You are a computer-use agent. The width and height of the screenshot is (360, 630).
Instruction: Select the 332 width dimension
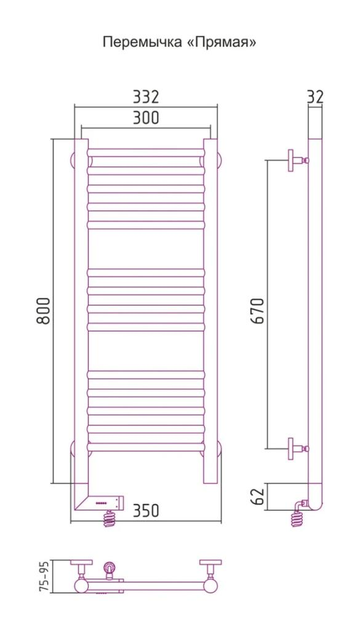pos(146,97)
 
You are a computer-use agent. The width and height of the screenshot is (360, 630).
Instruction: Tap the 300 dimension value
pos(146,118)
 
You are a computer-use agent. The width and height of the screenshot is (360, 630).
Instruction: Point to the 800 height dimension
pos(44,311)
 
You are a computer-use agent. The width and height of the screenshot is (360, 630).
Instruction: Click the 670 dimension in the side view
pos(258,311)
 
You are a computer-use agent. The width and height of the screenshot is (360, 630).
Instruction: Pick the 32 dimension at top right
pos(316,97)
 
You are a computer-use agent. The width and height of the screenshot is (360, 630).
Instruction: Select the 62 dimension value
pos(258,496)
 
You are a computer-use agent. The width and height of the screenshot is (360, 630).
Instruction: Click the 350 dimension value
pos(146,511)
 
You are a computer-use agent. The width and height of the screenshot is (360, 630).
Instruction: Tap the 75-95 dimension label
pos(46,577)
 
